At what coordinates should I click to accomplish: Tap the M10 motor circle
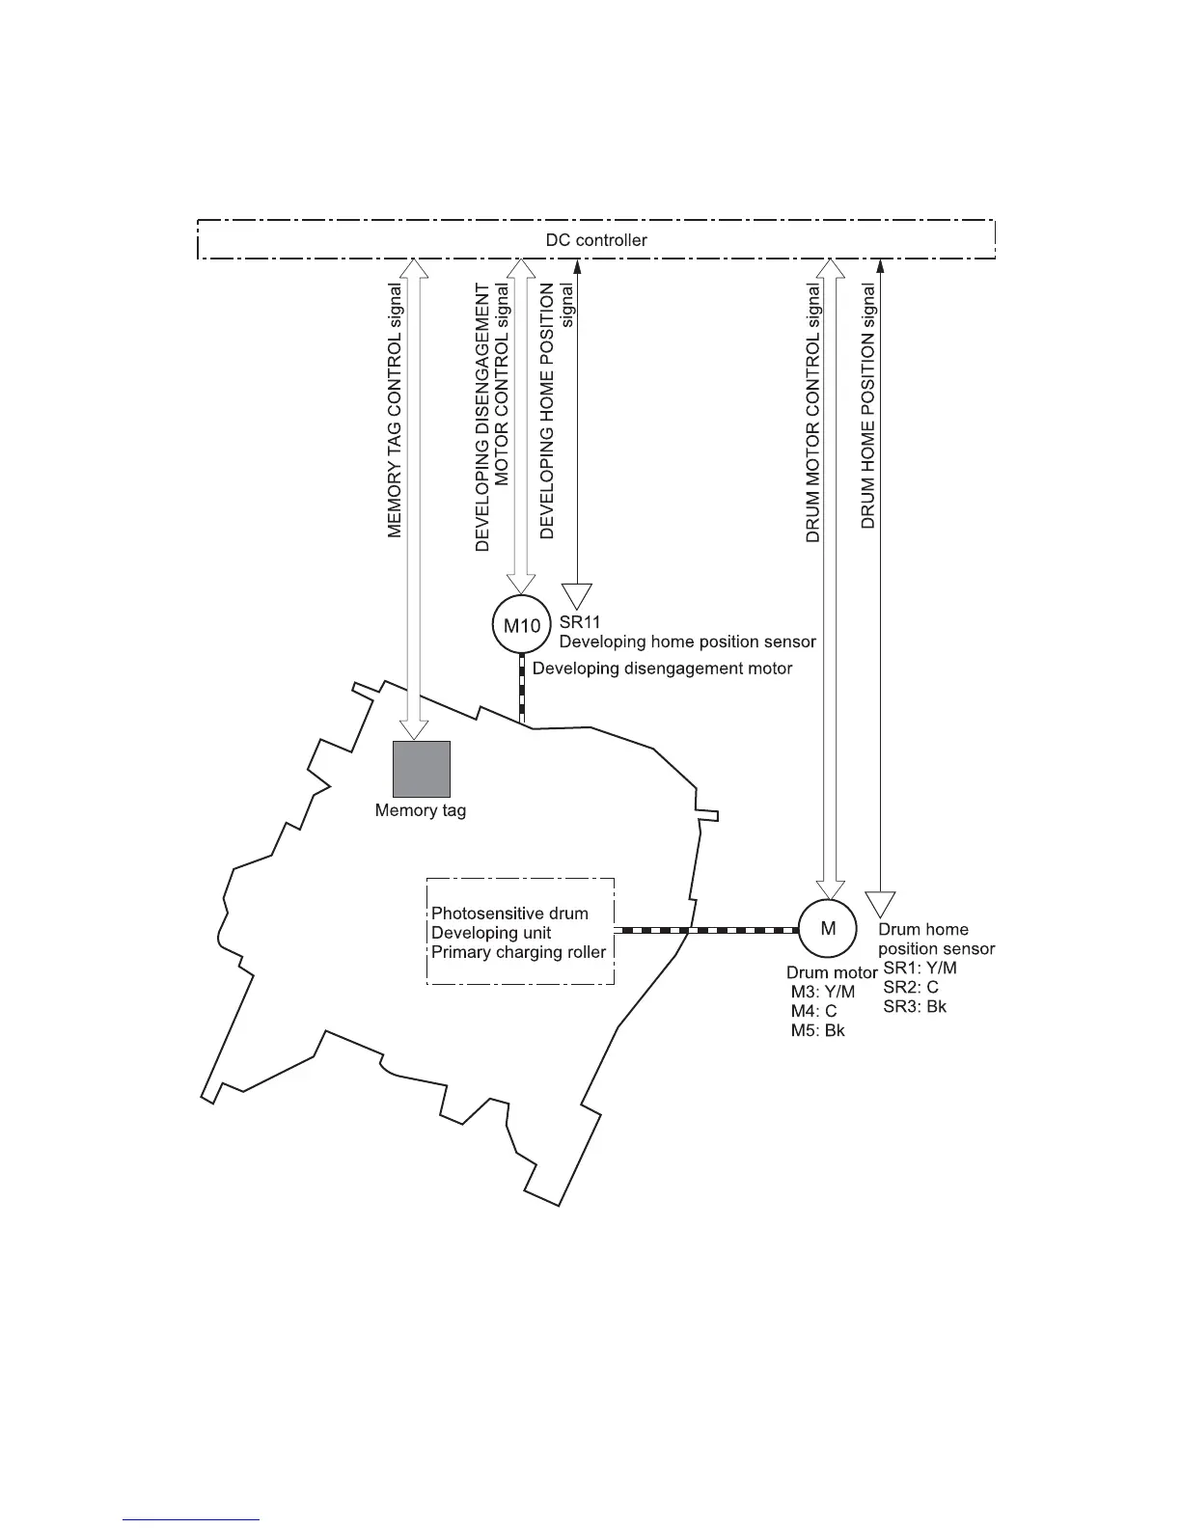click(x=522, y=625)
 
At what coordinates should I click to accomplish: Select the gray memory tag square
click(x=422, y=770)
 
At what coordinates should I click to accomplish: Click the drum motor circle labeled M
click(x=828, y=929)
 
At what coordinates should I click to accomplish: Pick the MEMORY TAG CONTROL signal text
click(x=395, y=411)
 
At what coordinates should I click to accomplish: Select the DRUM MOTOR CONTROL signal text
click(x=813, y=412)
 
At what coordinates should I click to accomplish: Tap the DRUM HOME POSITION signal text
click(x=868, y=405)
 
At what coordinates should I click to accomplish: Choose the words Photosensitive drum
click(x=509, y=913)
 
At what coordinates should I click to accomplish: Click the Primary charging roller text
click(x=518, y=953)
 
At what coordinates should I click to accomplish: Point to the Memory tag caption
click(x=421, y=810)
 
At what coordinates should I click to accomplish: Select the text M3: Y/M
click(x=822, y=993)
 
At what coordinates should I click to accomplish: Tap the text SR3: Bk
click(x=915, y=1006)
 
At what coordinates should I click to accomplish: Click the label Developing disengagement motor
click(x=662, y=668)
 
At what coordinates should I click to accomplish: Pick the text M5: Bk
click(x=817, y=1030)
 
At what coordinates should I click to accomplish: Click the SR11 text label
click(x=580, y=622)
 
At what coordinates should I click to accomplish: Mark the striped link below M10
click(x=522, y=689)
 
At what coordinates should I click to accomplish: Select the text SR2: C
click(x=910, y=988)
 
